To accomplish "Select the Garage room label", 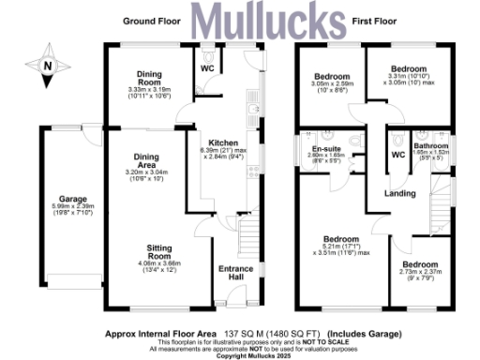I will tap(74, 200).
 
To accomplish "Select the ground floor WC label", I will tap(207, 67).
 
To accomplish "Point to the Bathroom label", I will tap(432, 145).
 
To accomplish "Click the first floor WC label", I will tap(397, 155).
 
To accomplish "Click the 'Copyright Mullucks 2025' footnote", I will tap(240, 355).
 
